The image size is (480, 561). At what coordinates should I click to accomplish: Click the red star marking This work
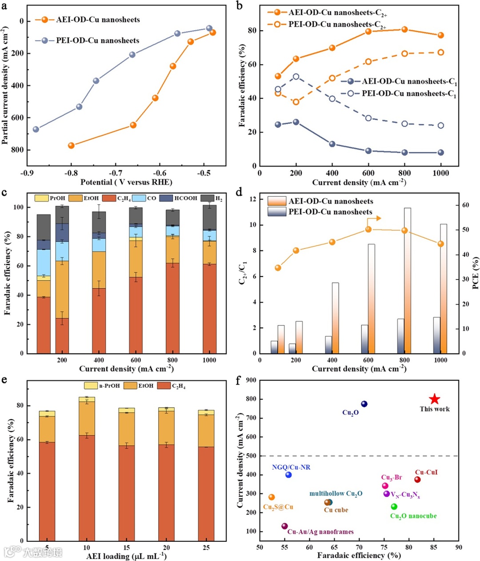click(x=435, y=399)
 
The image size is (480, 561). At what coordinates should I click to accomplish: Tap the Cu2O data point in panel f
click(x=364, y=404)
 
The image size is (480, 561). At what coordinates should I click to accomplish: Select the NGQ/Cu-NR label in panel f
click(x=291, y=467)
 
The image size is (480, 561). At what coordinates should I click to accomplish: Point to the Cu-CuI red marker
click(x=417, y=480)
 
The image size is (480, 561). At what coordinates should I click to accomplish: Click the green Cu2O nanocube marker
click(x=394, y=507)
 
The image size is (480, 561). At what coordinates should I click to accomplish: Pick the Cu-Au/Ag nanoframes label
click(x=320, y=532)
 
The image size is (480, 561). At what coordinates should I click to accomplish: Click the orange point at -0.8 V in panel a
click(x=71, y=146)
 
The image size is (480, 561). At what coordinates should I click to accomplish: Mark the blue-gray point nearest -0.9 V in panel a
click(x=36, y=130)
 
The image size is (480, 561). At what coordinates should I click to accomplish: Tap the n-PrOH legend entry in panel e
click(x=103, y=386)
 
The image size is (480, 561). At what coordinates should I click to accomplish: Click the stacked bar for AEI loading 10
click(x=87, y=467)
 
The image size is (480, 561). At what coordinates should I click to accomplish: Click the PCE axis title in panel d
click(x=475, y=272)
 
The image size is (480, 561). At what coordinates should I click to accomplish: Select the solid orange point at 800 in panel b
click(x=404, y=29)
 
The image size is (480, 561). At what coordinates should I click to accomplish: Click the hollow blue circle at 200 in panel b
click(x=296, y=77)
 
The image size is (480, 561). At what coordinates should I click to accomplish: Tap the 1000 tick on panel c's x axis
click(x=209, y=360)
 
